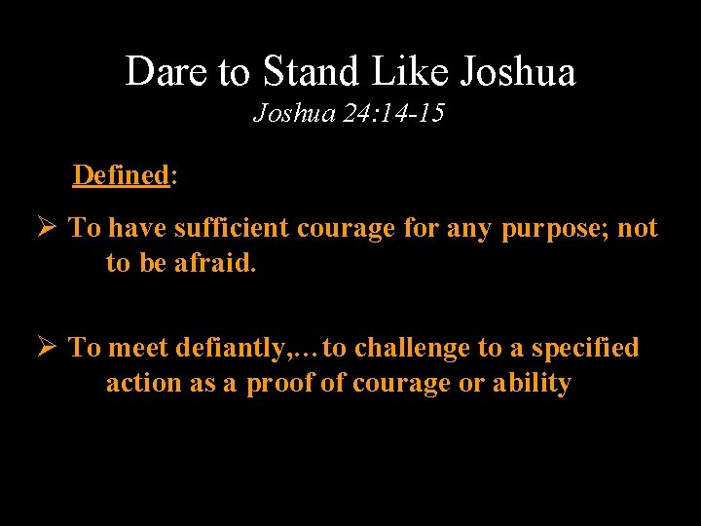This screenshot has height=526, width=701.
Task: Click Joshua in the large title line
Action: click(517, 71)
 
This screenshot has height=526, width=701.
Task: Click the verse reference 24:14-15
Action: click(394, 114)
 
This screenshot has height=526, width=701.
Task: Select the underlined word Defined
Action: click(122, 175)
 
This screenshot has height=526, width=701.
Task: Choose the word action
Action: click(145, 383)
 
